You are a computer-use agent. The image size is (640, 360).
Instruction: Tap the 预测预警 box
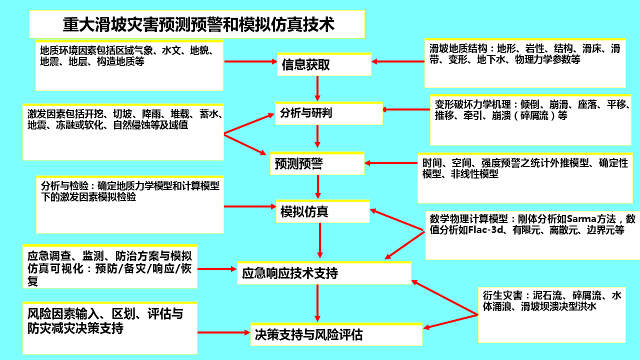pos(317,163)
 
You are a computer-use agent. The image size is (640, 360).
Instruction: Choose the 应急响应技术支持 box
pos(323,273)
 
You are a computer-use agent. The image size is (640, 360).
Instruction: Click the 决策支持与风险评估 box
pos(336,334)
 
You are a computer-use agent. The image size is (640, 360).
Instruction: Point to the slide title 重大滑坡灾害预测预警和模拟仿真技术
pos(198,24)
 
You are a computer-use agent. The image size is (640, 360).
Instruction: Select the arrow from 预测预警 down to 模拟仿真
pos(317,187)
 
